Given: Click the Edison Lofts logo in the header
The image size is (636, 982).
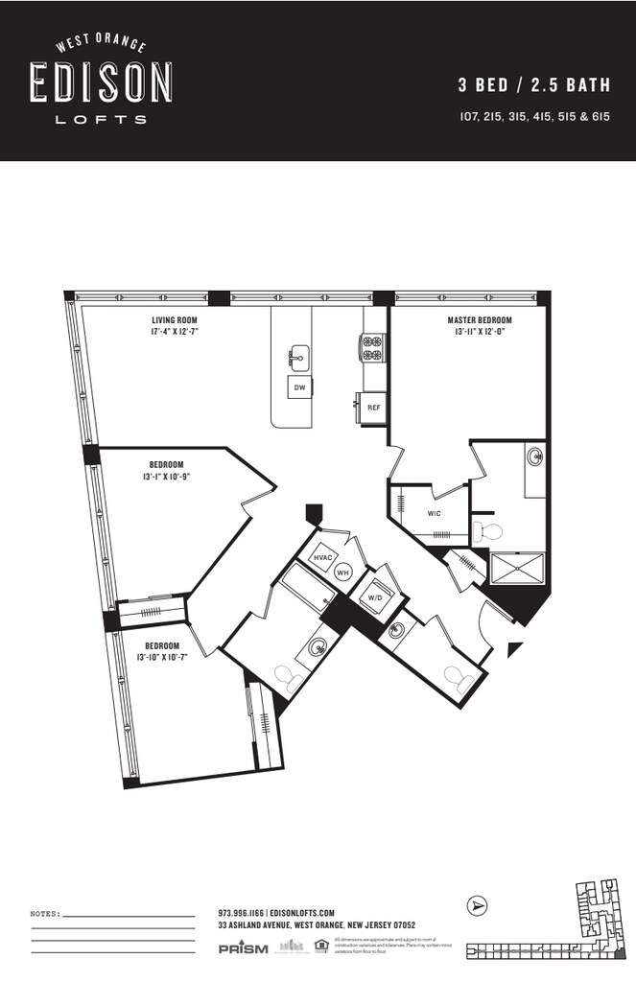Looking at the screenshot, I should (x=101, y=81).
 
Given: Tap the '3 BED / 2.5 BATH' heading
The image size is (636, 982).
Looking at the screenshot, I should (x=534, y=85).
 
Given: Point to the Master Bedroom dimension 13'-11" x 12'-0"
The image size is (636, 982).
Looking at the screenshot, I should (x=479, y=333).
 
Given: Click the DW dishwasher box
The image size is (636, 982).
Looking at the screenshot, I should (x=299, y=387).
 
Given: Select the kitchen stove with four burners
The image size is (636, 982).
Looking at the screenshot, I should (x=372, y=346).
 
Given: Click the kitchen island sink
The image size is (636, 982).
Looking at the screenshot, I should (x=298, y=358).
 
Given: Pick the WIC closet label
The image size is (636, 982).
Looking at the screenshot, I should (x=434, y=514).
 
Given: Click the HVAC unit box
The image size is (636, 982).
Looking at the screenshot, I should (x=322, y=557).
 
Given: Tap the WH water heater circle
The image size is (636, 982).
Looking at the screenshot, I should (x=342, y=573).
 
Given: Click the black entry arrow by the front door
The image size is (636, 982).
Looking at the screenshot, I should (x=514, y=648).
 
